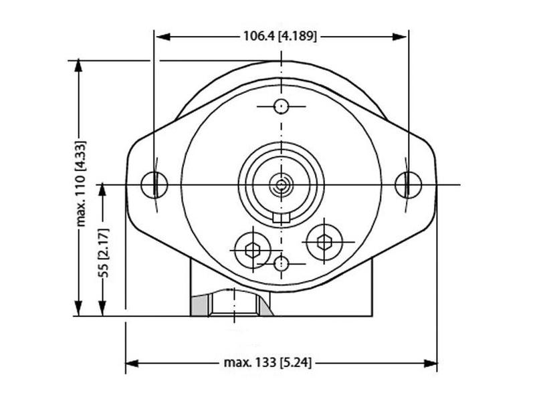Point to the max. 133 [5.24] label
(x=267, y=363)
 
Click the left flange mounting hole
(x=154, y=184)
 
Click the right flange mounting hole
(x=407, y=184)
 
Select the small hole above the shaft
(x=282, y=106)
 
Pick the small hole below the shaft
(x=282, y=262)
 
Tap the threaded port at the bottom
(x=234, y=304)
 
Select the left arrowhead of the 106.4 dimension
(x=161, y=36)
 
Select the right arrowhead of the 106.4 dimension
(x=401, y=36)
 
